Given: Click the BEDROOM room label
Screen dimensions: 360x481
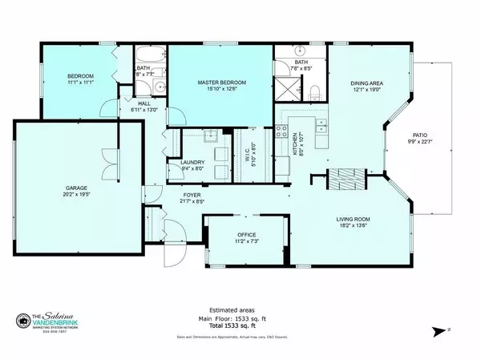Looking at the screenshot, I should tap(80, 76).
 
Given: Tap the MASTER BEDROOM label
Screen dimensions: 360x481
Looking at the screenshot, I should tap(222, 83).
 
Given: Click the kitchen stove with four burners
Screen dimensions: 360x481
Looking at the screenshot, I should tap(282, 132).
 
